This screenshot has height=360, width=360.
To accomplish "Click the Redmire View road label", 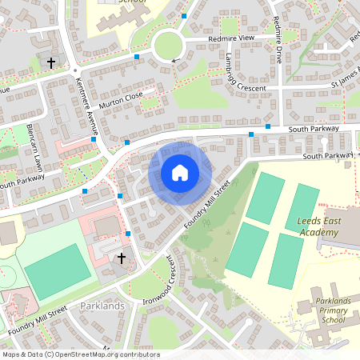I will pyautogui.click(x=230, y=38).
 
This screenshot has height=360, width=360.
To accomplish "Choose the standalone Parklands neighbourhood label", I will pyautogui.click(x=102, y=306).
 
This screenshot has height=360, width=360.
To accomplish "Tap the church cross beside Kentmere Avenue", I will pyautogui.click(x=52, y=62).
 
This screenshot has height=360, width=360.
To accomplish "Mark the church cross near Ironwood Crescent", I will pyautogui.click(x=122, y=258).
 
